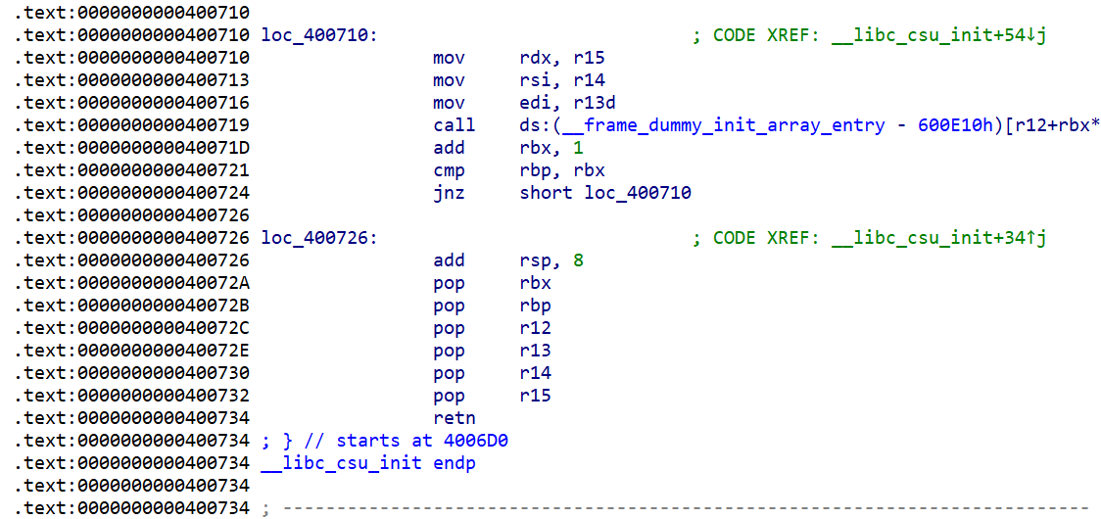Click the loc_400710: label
(319, 35)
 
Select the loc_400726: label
(319, 238)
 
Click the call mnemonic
(454, 125)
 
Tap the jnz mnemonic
(449, 193)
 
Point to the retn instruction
(454, 418)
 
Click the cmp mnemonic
(449, 170)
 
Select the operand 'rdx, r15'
(561, 58)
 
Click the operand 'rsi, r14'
(561, 80)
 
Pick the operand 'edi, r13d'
(567, 103)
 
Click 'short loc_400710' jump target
(605, 193)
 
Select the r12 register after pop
(535, 328)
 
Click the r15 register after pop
(535, 396)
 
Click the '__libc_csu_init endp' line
(368, 463)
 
